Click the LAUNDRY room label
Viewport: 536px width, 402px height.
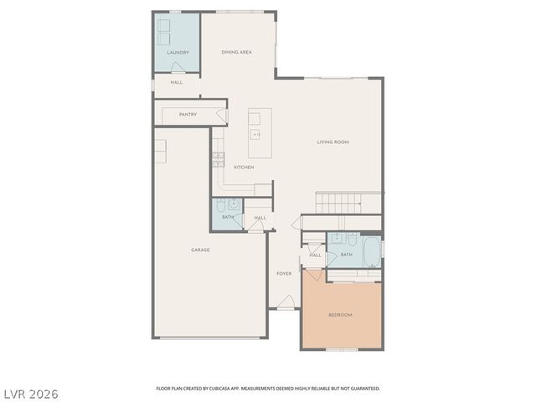(x=177, y=53)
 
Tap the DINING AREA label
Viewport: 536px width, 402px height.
(x=236, y=53)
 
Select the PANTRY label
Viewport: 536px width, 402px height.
(x=188, y=114)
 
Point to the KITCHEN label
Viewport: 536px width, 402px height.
(x=244, y=167)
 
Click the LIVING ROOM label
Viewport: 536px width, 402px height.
(x=332, y=142)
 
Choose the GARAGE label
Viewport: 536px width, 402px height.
(x=200, y=250)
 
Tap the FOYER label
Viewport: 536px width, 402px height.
(x=285, y=274)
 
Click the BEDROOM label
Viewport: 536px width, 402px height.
(x=340, y=315)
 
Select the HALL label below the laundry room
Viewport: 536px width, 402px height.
(x=177, y=83)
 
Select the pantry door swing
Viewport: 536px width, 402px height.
(x=222, y=113)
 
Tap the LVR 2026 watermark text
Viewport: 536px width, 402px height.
(x=30, y=393)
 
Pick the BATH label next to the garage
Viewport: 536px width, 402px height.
(x=227, y=218)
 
